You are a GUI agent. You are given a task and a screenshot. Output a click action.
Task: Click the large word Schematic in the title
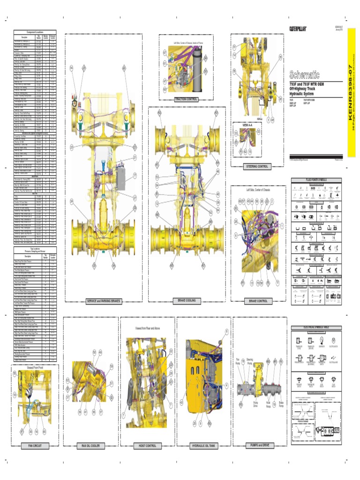(x=304, y=74)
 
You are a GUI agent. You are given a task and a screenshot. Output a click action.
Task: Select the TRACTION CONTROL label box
(x=186, y=99)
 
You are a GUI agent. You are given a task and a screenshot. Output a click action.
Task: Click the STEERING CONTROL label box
(x=256, y=166)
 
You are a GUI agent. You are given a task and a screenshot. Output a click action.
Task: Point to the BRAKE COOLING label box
(x=187, y=300)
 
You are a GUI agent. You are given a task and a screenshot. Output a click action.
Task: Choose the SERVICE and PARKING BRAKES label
(x=104, y=300)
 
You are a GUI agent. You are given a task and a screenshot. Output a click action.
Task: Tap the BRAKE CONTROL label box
(x=258, y=301)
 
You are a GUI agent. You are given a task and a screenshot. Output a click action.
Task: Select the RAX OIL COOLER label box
(x=90, y=446)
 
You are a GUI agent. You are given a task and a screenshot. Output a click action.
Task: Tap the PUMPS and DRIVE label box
(x=259, y=446)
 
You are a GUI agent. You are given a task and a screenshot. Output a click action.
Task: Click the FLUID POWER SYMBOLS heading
(x=316, y=180)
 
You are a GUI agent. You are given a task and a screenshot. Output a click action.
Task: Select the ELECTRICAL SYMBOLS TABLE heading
(x=316, y=327)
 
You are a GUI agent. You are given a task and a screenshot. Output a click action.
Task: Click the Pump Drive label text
(x=255, y=404)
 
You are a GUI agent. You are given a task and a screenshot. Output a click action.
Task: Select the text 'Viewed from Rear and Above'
(x=148, y=328)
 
